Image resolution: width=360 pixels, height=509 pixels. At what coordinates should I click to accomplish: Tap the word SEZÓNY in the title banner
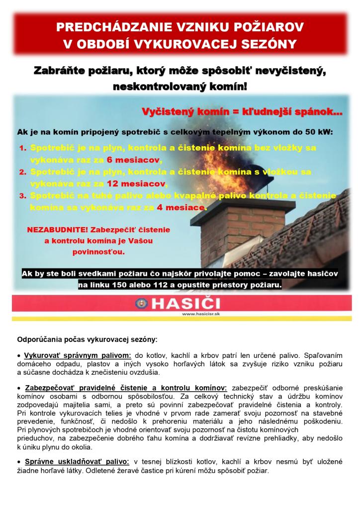coord(268,44)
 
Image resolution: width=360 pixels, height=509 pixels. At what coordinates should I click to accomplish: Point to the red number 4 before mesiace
coord(160,206)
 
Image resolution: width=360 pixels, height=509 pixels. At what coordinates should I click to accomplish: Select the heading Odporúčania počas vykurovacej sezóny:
coord(87,340)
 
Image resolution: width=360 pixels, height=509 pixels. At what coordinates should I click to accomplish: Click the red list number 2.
coord(22,172)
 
